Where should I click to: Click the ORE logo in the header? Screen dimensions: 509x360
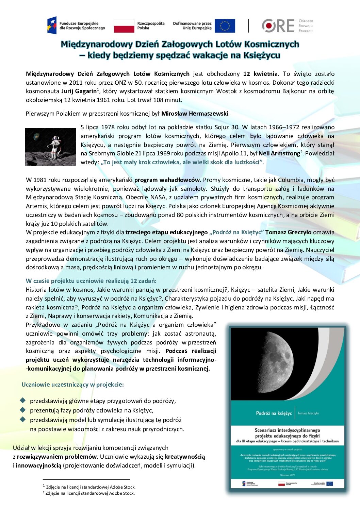click(278, 26)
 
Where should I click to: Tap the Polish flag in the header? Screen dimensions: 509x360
click(124, 26)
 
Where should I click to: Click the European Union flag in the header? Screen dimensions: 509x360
click(225, 26)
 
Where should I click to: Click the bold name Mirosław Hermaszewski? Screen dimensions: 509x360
click(195, 114)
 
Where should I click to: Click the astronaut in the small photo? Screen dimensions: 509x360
click(54, 146)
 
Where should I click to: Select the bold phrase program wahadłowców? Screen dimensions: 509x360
click(167, 180)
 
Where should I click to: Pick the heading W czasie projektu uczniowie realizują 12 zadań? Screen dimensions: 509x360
click(91, 281)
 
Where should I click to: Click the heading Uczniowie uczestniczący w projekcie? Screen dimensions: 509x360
click(72, 385)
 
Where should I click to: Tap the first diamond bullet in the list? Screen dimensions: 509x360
click(23, 400)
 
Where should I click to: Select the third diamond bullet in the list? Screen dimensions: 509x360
click(23, 419)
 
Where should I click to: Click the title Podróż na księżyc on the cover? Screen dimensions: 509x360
click(274, 413)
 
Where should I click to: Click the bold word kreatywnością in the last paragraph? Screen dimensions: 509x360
click(185, 457)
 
